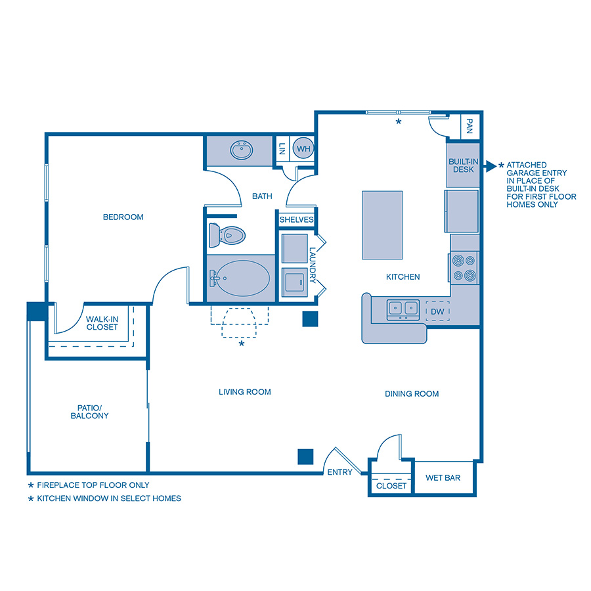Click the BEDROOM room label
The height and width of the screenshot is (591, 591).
(x=123, y=217)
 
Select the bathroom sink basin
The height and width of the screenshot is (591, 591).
(x=242, y=150)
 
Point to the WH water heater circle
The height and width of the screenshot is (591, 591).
(x=303, y=149)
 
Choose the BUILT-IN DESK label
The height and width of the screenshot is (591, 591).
(x=462, y=165)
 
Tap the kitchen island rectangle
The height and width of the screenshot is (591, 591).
(x=382, y=225)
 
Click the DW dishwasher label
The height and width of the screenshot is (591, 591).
(x=438, y=311)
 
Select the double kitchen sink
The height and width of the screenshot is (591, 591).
(x=403, y=307)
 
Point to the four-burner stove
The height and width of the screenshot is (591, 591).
(x=464, y=267)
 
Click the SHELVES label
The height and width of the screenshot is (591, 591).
(x=297, y=219)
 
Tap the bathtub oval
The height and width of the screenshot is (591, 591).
(x=242, y=278)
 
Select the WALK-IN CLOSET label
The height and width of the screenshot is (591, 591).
(x=102, y=323)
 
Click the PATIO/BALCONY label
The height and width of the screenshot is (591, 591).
(x=89, y=411)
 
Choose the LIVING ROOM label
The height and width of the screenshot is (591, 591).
(x=245, y=392)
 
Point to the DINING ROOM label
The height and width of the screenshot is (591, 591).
(x=412, y=394)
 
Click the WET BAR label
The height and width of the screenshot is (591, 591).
(x=443, y=478)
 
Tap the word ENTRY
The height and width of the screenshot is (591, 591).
(x=339, y=472)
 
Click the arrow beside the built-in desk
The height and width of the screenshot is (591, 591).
(x=489, y=165)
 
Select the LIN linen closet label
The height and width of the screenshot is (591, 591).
(x=282, y=149)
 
